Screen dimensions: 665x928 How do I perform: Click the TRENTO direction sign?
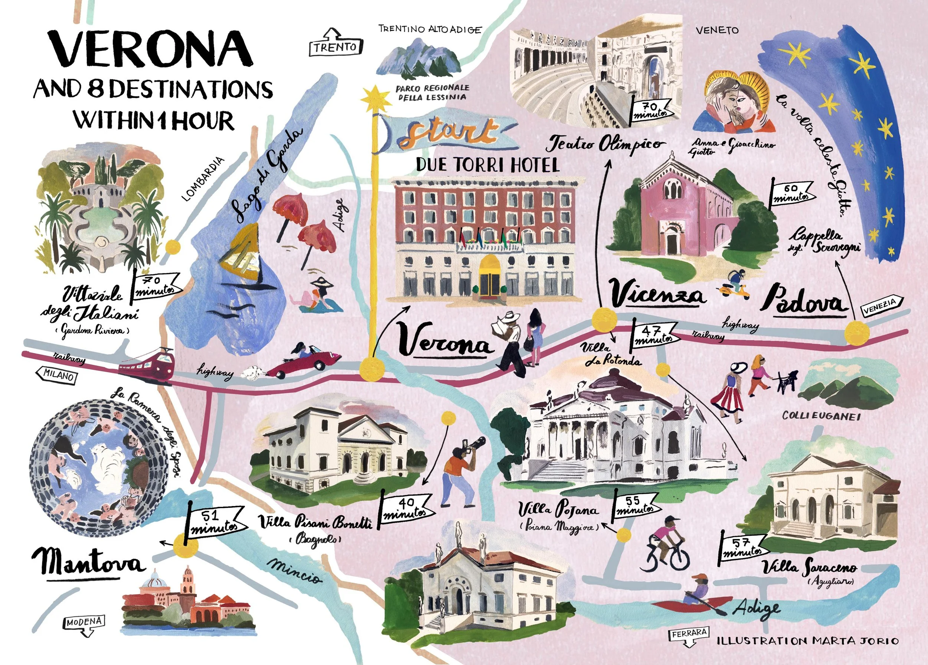click(335, 47)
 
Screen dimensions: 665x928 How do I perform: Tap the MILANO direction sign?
click(58, 375)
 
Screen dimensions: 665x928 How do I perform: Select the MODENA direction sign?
click(84, 622)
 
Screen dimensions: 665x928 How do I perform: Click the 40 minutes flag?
click(405, 508)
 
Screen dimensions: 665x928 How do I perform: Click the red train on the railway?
click(147, 364)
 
